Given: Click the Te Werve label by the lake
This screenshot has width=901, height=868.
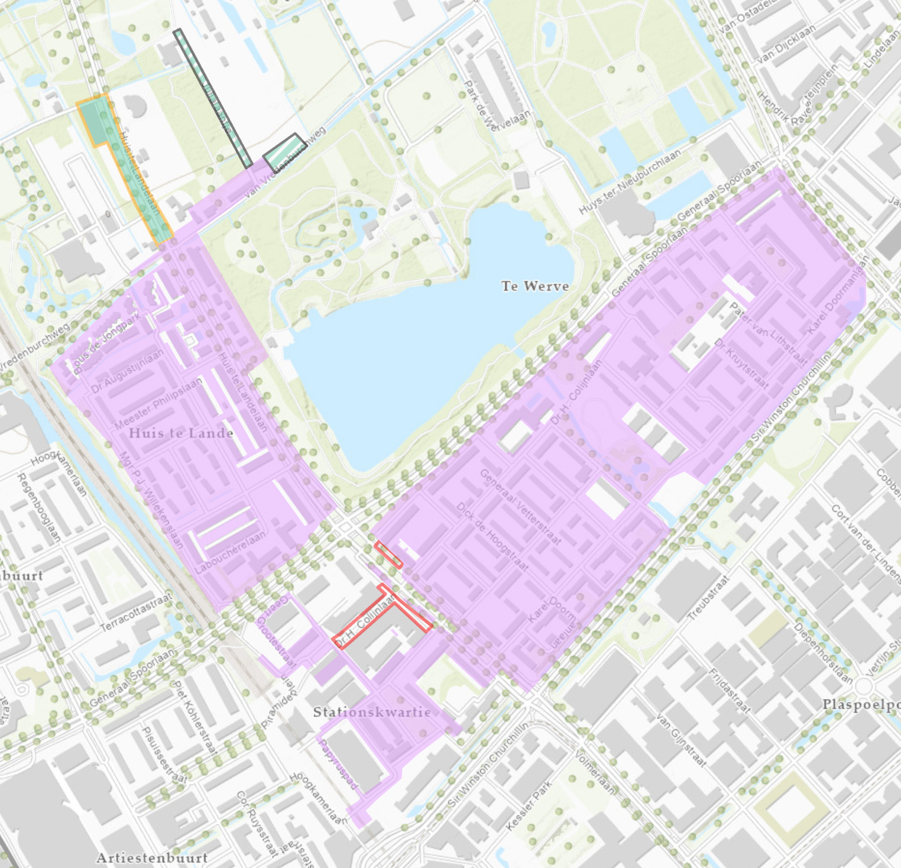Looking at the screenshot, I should [x=535, y=286].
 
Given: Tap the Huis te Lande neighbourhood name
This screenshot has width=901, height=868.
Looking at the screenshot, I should [x=181, y=433].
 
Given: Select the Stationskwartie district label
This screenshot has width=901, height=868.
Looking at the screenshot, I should [x=372, y=712].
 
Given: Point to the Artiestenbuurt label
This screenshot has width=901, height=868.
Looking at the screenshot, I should [x=152, y=857].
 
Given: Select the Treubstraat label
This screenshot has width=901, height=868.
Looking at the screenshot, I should [x=707, y=597].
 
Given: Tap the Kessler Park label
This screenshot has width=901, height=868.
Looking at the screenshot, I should [x=529, y=805].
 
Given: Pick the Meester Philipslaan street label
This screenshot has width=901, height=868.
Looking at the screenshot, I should [x=158, y=404].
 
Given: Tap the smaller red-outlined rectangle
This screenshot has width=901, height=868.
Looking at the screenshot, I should [x=388, y=555].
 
